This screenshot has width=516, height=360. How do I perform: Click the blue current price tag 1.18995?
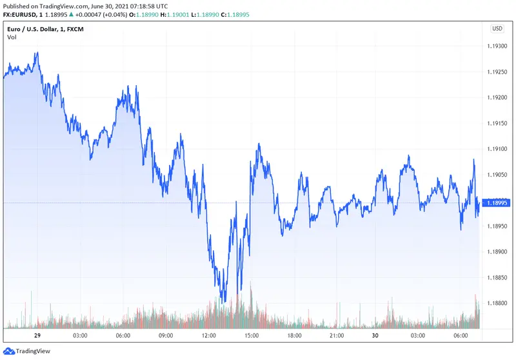[497, 203]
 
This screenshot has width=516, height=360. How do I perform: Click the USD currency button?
[497, 28]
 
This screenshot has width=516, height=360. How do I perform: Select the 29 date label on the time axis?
[38, 336]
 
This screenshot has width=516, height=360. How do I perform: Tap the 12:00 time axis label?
[208, 336]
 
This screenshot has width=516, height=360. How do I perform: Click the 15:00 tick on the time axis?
[251, 336]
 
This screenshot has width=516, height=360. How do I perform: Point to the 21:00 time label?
[336, 336]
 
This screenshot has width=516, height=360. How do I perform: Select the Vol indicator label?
[12, 37]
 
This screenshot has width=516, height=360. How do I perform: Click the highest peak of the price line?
[38, 53]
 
